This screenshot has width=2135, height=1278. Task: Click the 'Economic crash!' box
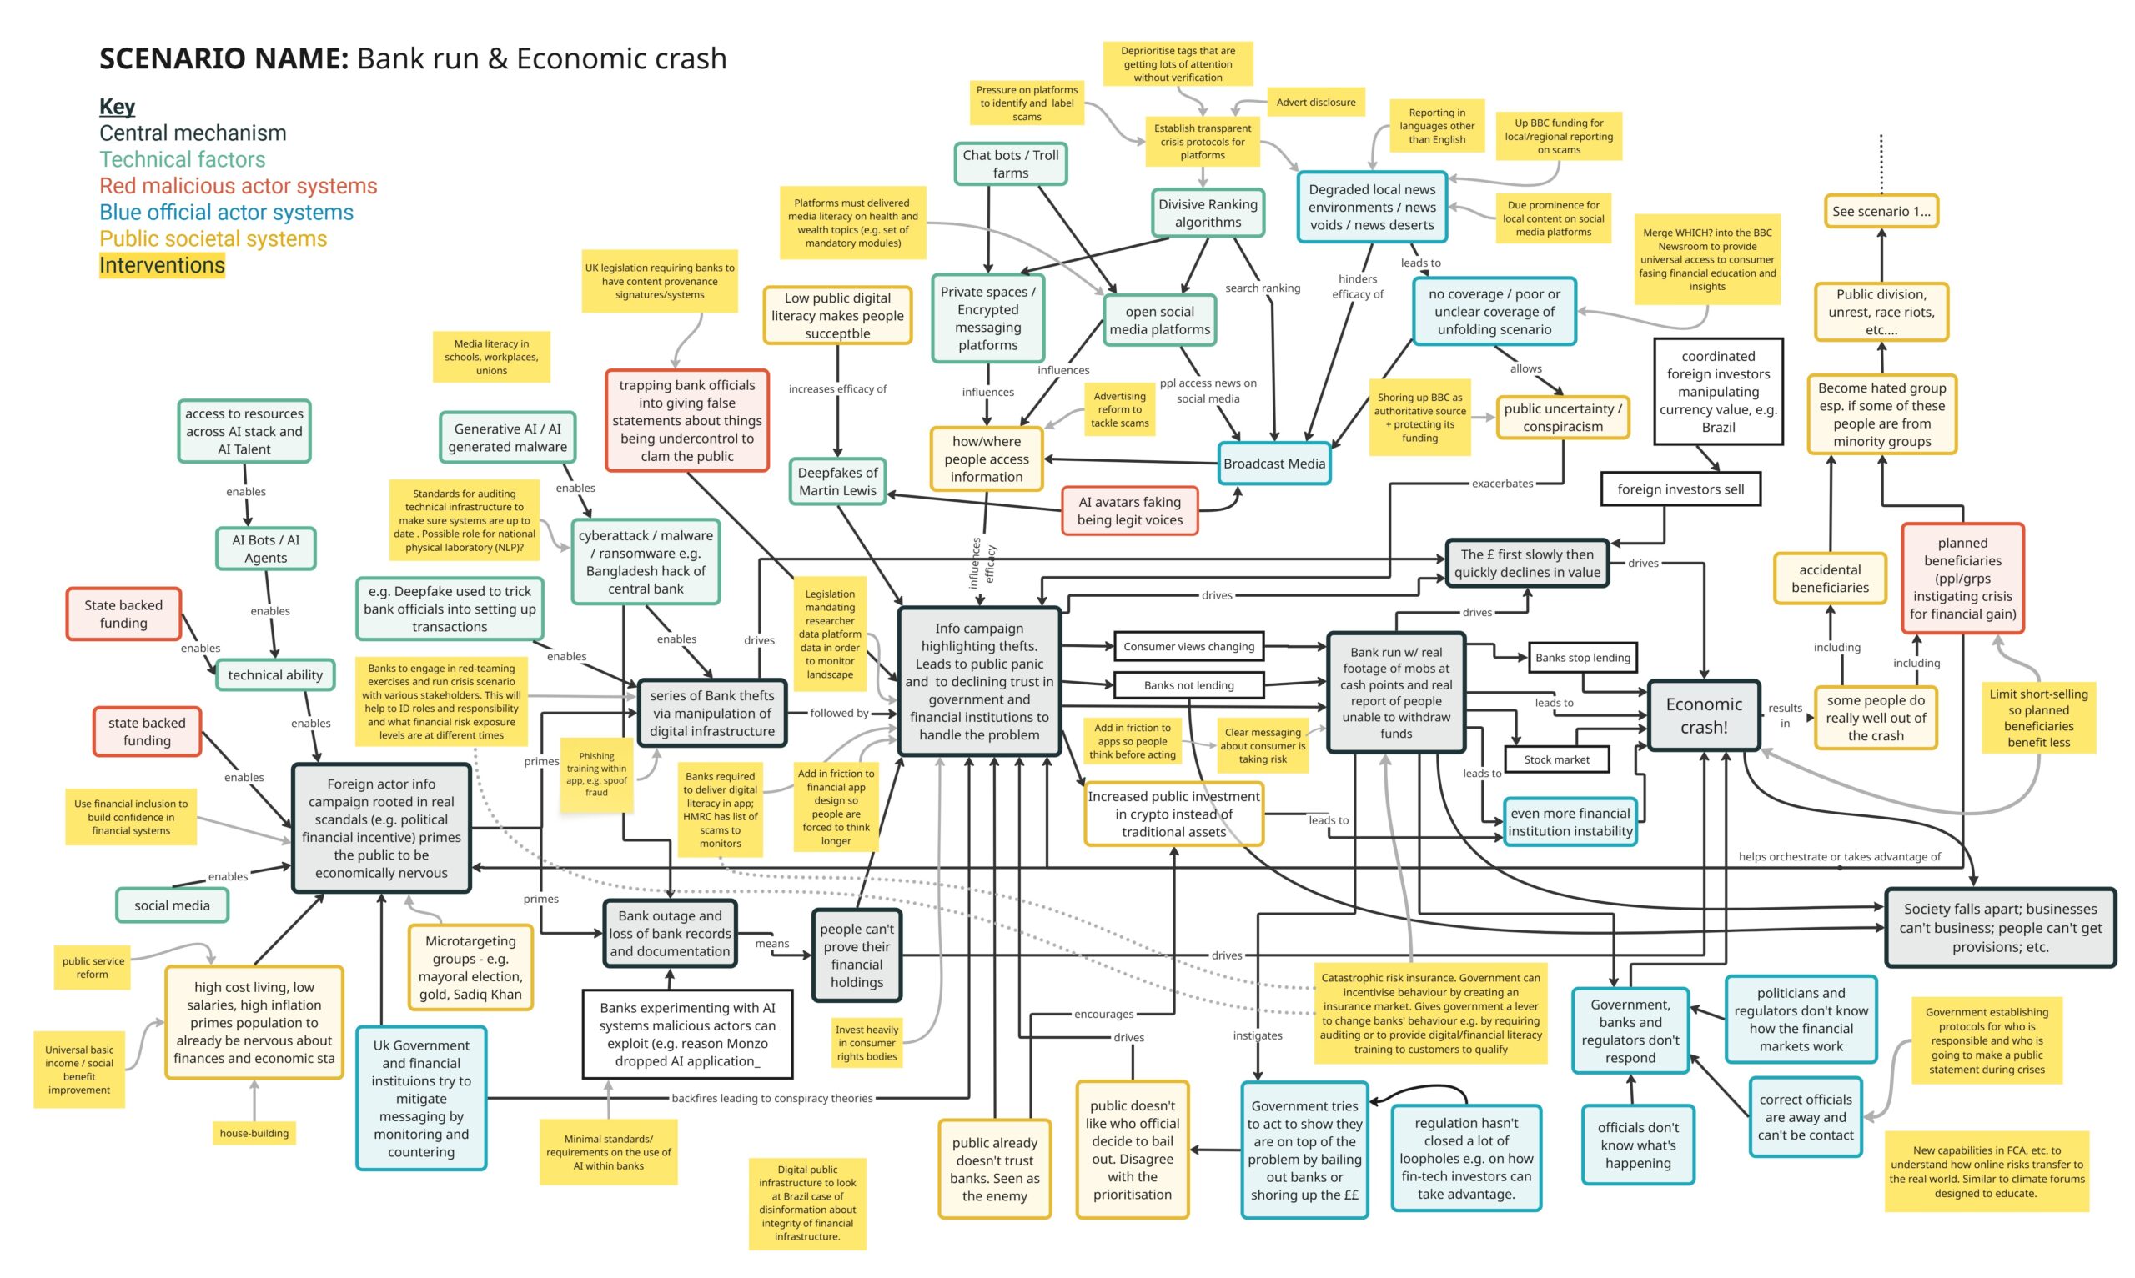click(1703, 714)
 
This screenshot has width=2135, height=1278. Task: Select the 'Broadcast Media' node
click(1273, 464)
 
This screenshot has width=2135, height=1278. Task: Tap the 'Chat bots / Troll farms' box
click(1010, 163)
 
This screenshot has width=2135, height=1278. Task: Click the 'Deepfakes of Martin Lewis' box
click(837, 481)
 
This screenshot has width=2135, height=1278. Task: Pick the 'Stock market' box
click(1555, 759)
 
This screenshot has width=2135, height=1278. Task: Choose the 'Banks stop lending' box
click(1582, 657)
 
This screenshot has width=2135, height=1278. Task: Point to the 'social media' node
click(173, 905)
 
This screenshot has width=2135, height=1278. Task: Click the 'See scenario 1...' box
click(1880, 211)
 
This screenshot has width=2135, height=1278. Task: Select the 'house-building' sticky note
click(254, 1132)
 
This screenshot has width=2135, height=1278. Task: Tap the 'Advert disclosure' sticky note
click(1315, 102)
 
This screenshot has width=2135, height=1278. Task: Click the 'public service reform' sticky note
click(93, 967)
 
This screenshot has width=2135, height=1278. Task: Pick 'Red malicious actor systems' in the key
click(238, 186)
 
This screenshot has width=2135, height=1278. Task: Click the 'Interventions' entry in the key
click(162, 265)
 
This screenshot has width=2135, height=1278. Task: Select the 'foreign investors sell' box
click(1680, 489)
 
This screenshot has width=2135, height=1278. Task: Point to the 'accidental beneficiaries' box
click(1829, 579)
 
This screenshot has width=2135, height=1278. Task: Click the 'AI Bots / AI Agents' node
click(265, 549)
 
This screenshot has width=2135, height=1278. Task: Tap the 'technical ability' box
click(274, 675)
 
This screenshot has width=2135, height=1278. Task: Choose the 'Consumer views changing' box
click(1188, 646)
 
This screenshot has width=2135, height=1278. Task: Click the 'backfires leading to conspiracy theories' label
click(771, 1098)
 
